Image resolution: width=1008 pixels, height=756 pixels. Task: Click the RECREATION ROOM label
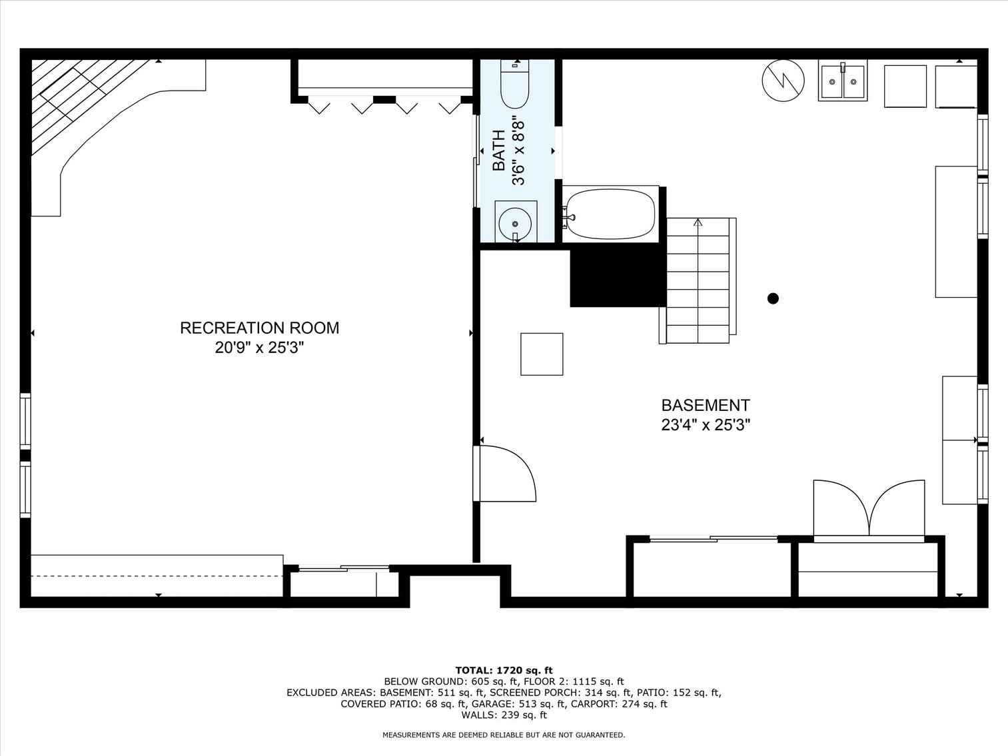tap(259, 328)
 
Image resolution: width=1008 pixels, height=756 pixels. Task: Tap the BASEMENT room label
tap(705, 405)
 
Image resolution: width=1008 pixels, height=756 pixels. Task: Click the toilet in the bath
tap(514, 85)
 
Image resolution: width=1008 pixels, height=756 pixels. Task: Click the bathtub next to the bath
tap(610, 214)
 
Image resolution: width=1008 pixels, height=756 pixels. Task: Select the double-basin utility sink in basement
tap(843, 82)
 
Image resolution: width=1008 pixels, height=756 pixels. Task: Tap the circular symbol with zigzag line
tap(783, 81)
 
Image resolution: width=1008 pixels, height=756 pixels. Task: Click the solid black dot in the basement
tap(773, 298)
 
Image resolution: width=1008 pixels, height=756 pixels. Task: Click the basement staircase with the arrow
tap(698, 280)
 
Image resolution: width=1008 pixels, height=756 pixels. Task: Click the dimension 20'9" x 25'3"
tap(259, 348)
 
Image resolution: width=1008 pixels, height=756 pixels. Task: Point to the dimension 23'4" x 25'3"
tap(705, 425)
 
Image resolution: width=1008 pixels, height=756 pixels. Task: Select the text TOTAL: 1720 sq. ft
tap(504, 670)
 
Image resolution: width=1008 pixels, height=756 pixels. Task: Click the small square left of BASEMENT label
tap(542, 354)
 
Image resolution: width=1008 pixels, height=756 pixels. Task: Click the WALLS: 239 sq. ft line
tap(504, 715)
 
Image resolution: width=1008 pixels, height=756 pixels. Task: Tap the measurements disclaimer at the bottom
tap(504, 735)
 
